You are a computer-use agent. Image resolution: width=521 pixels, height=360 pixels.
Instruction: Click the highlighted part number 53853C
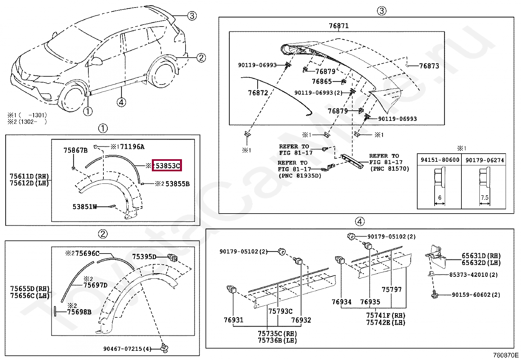(x=168, y=166)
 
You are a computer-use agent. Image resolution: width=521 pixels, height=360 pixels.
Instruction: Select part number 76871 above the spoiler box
(x=338, y=26)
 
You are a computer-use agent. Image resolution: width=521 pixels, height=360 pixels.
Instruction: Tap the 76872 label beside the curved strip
(x=258, y=93)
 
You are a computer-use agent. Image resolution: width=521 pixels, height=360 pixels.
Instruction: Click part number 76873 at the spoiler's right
(x=429, y=66)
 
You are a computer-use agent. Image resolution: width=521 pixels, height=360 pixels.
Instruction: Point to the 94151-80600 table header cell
(x=440, y=160)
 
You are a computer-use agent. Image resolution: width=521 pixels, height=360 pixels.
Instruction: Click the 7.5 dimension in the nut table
(x=485, y=198)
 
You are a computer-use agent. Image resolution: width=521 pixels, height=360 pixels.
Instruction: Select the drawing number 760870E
(x=506, y=355)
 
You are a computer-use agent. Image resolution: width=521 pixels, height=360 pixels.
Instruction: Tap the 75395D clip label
(x=144, y=256)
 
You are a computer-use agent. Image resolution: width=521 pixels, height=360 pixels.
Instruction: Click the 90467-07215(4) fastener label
(x=127, y=349)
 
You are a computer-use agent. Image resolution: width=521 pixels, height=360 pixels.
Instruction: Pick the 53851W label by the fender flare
(x=84, y=207)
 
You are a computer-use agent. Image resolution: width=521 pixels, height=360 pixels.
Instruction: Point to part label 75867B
(x=75, y=150)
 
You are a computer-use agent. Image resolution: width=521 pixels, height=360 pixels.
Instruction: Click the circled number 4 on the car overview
(x=121, y=102)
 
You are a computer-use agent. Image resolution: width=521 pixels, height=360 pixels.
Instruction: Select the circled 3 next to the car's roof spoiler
(x=192, y=15)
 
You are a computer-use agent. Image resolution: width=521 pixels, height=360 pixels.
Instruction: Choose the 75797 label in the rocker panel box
(x=391, y=290)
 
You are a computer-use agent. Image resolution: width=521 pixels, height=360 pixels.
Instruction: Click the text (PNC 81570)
(x=389, y=169)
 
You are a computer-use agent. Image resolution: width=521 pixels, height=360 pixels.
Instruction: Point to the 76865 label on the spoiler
(x=322, y=81)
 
